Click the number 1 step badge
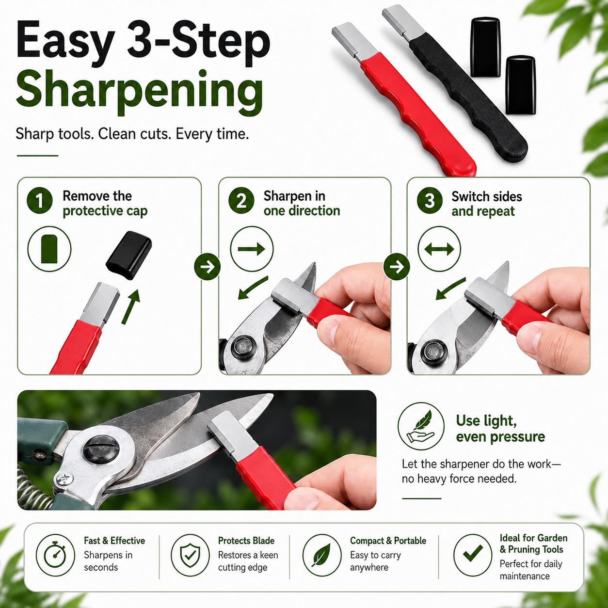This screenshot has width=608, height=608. (x=39, y=200)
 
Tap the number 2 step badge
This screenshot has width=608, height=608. (x=241, y=200)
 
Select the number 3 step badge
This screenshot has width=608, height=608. (x=430, y=200)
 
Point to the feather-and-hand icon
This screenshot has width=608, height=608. (x=420, y=426)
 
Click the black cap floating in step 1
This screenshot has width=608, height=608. (x=129, y=255)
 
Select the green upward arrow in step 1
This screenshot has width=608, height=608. (x=131, y=307)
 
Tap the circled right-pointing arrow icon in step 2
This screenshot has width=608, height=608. (x=252, y=249)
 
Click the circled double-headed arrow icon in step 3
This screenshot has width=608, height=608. (x=439, y=249)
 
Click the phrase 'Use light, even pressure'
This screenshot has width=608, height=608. (x=500, y=429)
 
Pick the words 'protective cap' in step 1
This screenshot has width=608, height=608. (x=105, y=211)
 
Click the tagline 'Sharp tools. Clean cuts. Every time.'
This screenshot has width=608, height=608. (x=132, y=134)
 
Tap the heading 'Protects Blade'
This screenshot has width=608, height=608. (x=246, y=541)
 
